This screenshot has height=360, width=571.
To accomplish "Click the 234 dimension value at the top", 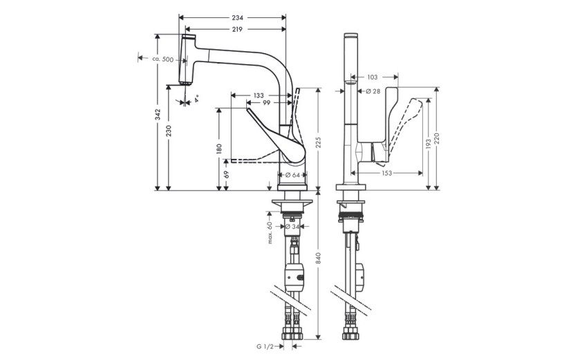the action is click(x=237, y=17).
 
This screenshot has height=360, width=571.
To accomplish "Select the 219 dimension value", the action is click(x=237, y=30).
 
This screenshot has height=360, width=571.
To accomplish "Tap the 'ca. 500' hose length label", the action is click(x=162, y=59).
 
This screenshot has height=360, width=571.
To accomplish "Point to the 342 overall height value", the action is click(x=158, y=114).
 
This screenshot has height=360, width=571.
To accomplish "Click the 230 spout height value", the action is click(x=168, y=131).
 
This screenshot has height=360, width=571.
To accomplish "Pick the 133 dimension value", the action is click(x=259, y=95).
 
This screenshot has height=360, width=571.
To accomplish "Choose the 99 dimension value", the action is click(x=267, y=103).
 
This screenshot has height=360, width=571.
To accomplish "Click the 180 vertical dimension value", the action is click(x=219, y=149).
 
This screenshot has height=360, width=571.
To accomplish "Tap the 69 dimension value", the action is click(x=226, y=174).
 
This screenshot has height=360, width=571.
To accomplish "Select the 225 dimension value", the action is click(x=319, y=143).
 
